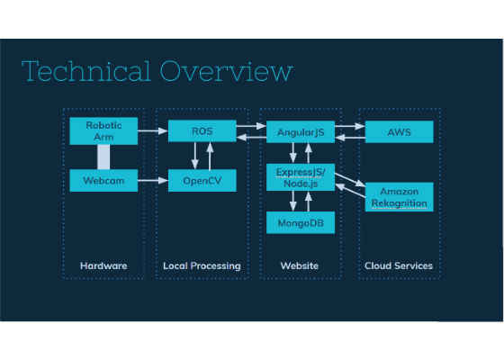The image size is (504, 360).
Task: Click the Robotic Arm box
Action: coord(103,130)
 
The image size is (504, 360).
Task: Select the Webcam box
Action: coord(103,181)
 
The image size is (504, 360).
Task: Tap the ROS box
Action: coord(202,130)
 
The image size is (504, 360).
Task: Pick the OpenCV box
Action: coord(202,181)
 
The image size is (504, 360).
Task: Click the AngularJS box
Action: coord(301,131)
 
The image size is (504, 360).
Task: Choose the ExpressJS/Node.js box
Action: coord(301,177)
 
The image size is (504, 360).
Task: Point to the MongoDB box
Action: coord(301,222)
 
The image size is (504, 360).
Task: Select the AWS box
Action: coord(400,131)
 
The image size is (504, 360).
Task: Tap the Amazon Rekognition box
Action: coord(400,197)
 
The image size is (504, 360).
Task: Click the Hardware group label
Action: coord(103,265)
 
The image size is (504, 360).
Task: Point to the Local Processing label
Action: coord(202,266)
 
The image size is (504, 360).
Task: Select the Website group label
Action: coord(299,265)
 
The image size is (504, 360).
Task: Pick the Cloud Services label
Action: coord(399,265)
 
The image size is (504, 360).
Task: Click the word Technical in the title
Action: coord(86,71)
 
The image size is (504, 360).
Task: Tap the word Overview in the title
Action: coord(226,71)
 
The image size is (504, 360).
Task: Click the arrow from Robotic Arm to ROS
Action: coord(153,130)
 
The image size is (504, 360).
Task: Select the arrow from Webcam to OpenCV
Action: coord(153,181)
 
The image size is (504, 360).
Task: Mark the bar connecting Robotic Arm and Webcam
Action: coord(103,157)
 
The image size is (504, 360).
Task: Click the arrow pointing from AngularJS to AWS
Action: coord(350,126)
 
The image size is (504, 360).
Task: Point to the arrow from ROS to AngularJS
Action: coord(251,126)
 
